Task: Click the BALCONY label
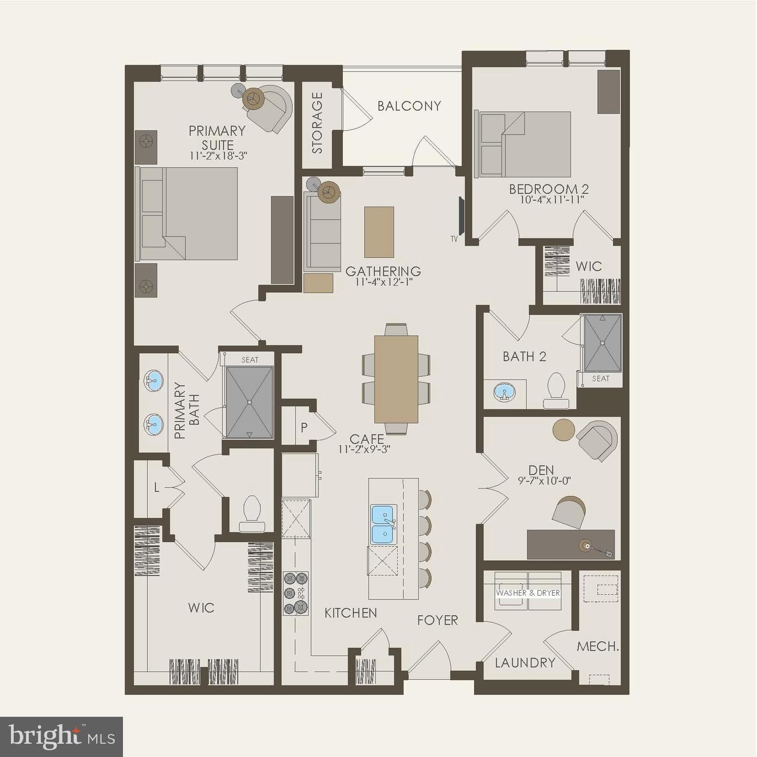409,106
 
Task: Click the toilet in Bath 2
556,391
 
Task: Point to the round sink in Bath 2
505,392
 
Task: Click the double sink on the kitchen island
383,524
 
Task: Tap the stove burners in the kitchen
295,593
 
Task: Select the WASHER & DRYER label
528,592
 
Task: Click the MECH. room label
597,646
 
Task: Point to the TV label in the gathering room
454,239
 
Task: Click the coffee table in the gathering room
379,232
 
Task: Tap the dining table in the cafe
396,379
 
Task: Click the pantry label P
304,428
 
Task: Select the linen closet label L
156,488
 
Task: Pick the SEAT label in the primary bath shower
250,360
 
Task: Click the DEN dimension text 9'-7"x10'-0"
544,480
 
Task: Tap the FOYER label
437,621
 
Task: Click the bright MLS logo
62,737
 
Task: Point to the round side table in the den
564,430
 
